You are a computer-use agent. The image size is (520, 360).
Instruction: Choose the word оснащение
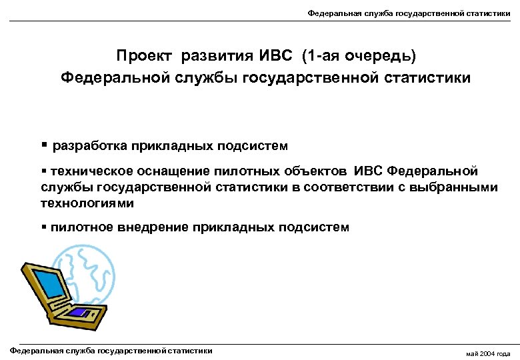(x=170, y=172)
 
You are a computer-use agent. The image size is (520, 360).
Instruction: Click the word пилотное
(x=79, y=227)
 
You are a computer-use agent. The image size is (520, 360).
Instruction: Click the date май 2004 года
(x=489, y=353)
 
